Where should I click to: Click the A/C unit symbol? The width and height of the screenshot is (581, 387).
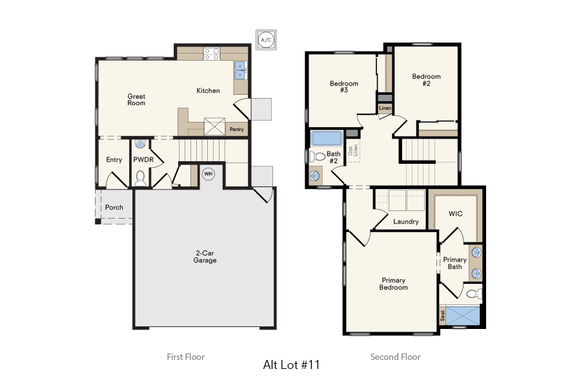click(x=265, y=39)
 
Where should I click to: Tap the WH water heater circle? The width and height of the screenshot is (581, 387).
click(x=209, y=174)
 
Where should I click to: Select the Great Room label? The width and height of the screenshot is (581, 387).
click(x=136, y=99)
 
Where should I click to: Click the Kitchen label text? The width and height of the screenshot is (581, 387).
click(x=208, y=91)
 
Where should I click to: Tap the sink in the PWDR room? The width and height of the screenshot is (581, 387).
click(x=141, y=145)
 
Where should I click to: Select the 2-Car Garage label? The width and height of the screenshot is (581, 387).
click(x=205, y=257)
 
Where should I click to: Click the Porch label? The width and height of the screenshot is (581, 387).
click(x=114, y=208)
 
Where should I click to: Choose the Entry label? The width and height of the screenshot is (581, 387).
click(x=114, y=160)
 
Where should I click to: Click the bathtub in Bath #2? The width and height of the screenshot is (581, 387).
click(x=327, y=139)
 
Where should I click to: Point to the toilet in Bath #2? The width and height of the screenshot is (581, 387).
click(x=318, y=157)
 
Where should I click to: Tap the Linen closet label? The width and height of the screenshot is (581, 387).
click(x=385, y=108)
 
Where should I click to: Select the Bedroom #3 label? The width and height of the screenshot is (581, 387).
click(x=343, y=87)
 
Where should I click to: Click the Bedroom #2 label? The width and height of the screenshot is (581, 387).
click(x=426, y=80)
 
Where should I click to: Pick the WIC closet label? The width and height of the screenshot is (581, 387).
click(x=456, y=214)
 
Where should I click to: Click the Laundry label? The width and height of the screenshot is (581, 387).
click(x=406, y=222)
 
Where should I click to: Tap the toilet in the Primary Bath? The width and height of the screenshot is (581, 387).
click(x=473, y=294)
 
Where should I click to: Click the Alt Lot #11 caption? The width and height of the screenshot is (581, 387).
click(x=291, y=364)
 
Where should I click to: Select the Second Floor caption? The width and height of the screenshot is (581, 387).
click(x=395, y=357)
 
